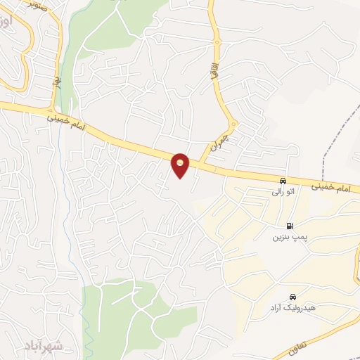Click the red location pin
click(181, 165)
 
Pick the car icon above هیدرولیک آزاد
click(292, 297)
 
